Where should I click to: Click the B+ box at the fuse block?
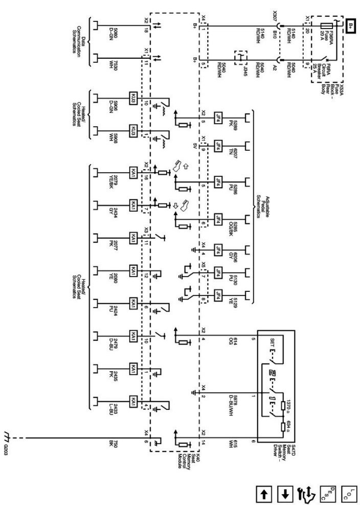pyautogui.click(x=351, y=26)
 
